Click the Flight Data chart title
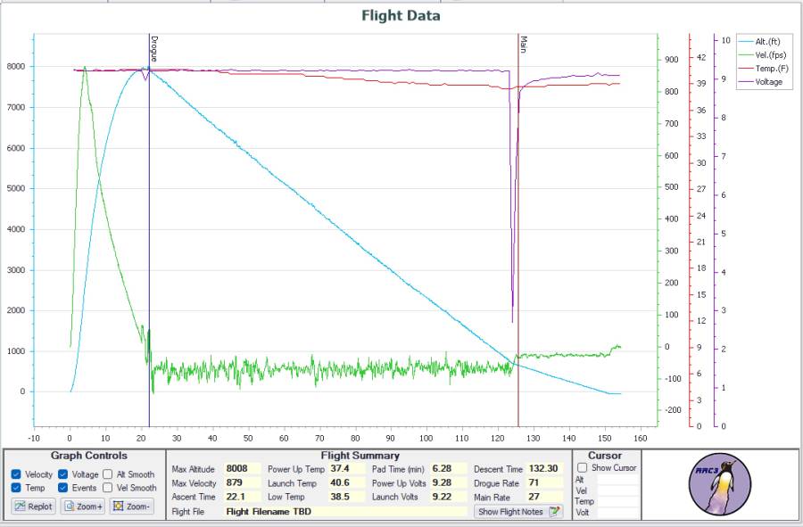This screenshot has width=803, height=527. (x=401, y=15)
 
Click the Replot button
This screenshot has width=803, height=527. (x=34, y=506)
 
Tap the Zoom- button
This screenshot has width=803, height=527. (x=131, y=506)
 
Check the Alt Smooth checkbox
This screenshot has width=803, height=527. (x=108, y=475)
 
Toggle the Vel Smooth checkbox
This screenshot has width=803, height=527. (x=108, y=488)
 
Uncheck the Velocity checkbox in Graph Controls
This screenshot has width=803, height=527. (x=17, y=475)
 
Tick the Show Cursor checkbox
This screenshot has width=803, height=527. (x=583, y=468)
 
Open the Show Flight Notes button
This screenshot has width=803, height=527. (x=518, y=512)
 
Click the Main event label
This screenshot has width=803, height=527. (x=524, y=45)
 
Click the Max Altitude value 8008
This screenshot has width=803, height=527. (x=237, y=469)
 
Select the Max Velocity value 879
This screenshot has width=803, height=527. (x=235, y=482)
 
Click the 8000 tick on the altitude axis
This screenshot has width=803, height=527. (x=16, y=67)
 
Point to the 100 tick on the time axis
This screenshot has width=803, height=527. (x=426, y=438)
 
